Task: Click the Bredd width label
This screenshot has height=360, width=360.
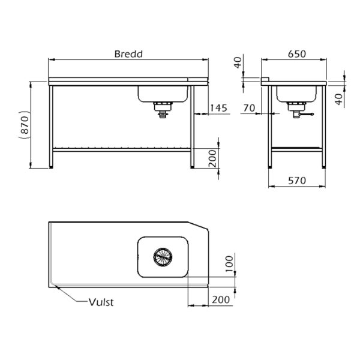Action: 128,54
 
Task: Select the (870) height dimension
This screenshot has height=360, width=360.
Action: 25,125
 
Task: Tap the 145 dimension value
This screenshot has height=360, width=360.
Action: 218,108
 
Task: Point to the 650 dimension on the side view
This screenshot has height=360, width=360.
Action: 297,54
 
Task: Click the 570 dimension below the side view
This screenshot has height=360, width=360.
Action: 297,181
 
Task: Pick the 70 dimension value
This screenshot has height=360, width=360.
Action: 249,108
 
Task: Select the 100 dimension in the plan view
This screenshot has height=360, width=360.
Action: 229,264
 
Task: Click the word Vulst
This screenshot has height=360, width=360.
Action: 101,302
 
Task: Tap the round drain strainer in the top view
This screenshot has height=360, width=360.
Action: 163,257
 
